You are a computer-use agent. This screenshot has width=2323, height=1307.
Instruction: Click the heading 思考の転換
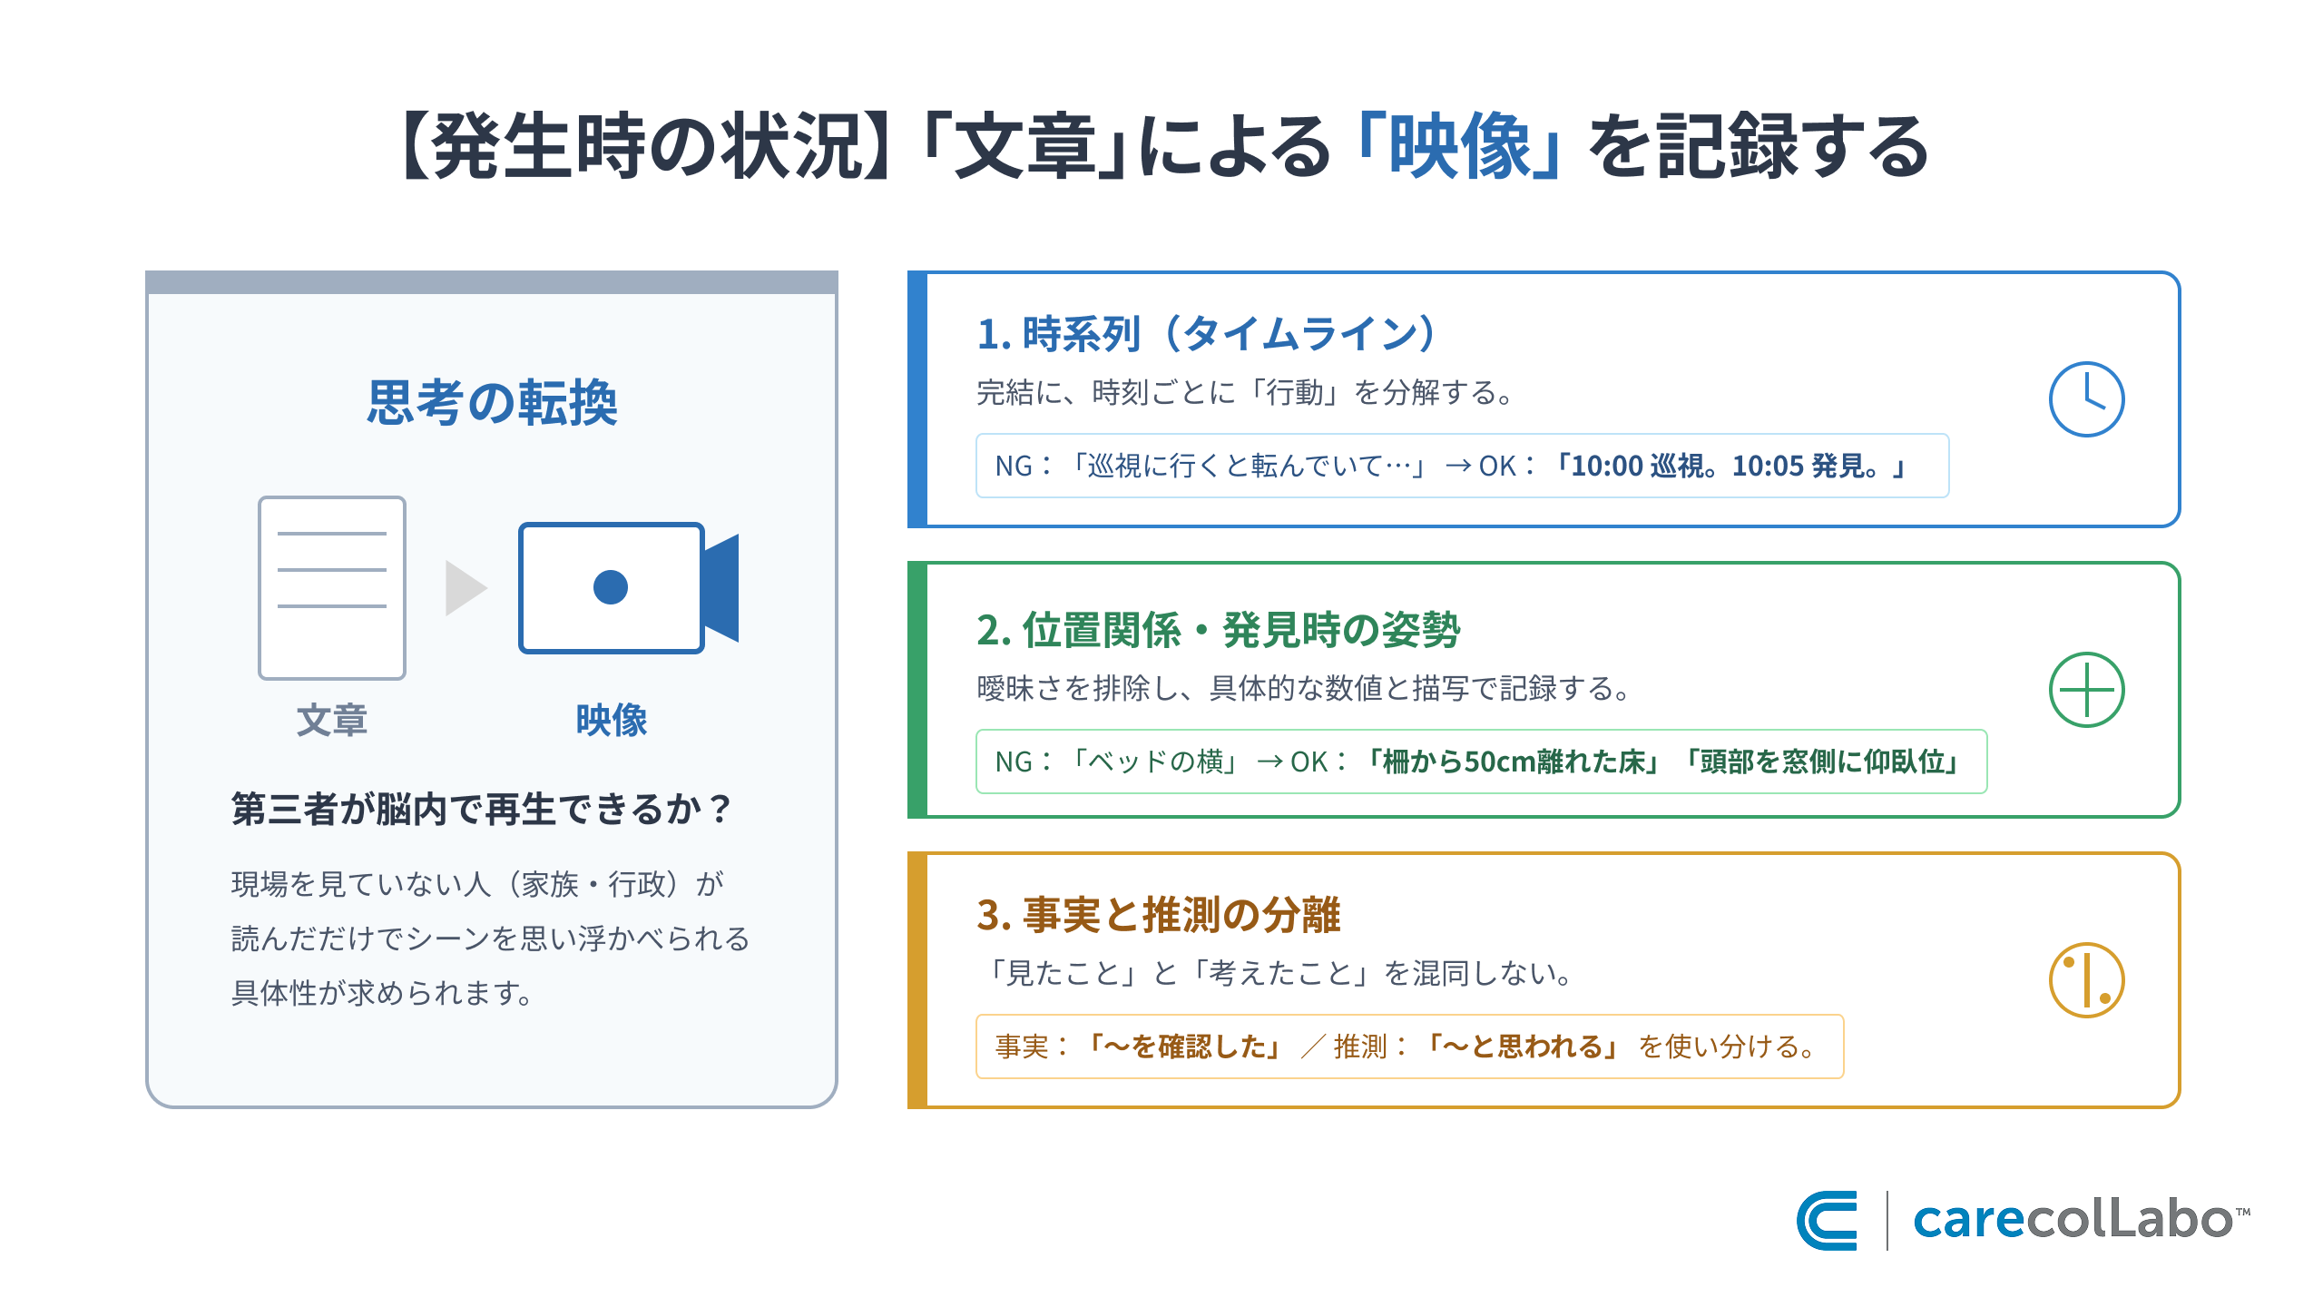492,402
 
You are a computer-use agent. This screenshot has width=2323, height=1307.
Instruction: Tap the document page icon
332,587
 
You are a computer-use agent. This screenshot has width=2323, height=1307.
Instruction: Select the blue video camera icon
629,587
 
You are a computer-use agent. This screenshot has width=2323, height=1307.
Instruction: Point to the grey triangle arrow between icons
466,588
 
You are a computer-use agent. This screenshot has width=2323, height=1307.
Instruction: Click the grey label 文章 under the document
332,720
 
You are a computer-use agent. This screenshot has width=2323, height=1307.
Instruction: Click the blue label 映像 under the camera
612,720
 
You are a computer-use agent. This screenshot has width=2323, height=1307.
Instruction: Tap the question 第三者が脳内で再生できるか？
481,809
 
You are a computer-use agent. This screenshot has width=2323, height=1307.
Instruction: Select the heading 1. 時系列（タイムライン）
1207,333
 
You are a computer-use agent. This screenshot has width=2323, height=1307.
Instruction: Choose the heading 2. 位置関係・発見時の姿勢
1218,629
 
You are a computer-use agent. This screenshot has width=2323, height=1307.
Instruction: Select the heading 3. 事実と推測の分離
1158,914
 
